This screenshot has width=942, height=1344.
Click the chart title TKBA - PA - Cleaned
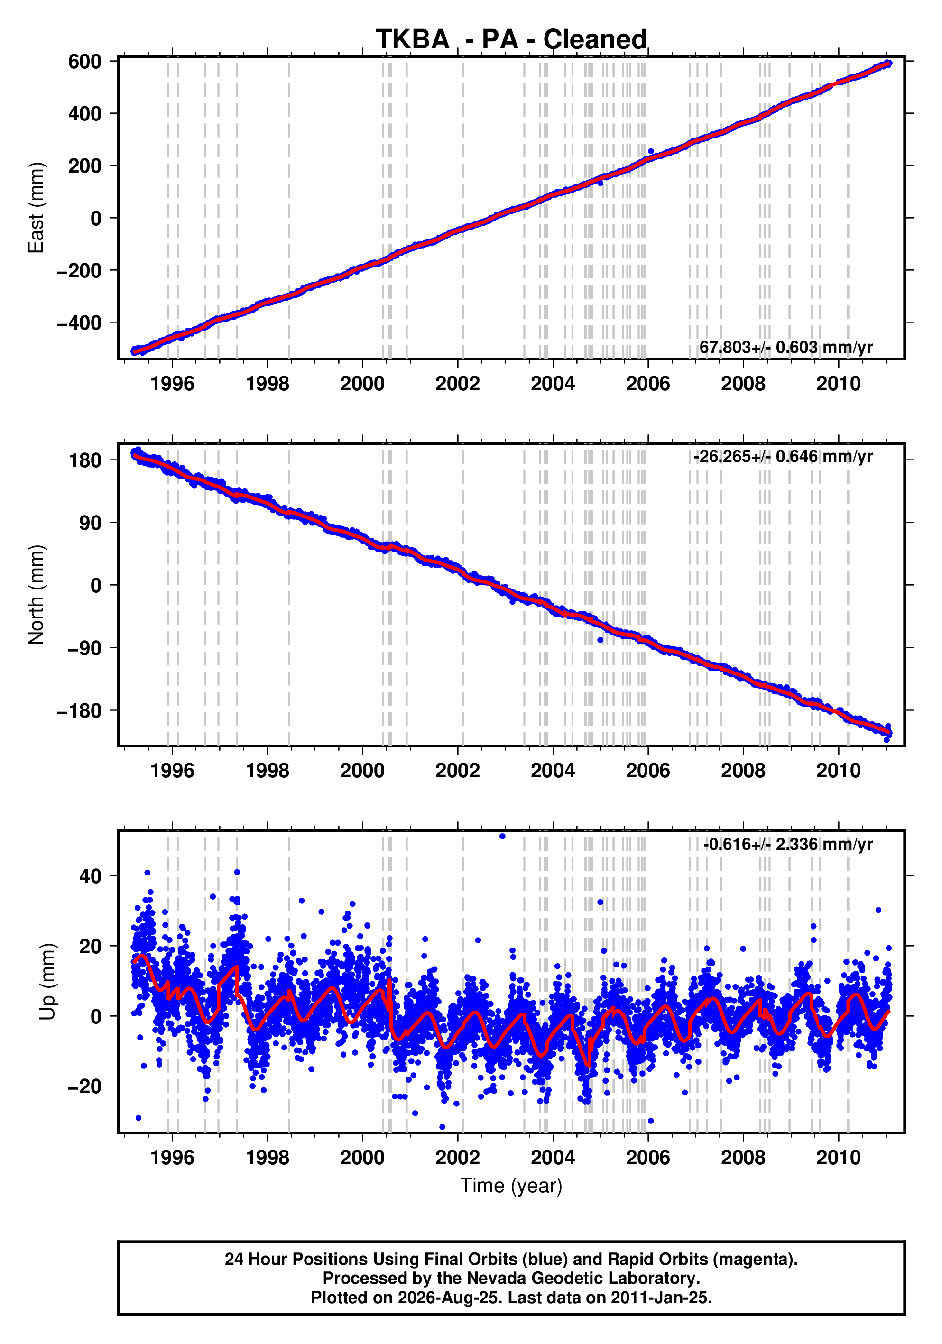[511, 40]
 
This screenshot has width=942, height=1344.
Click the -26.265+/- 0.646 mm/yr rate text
[784, 456]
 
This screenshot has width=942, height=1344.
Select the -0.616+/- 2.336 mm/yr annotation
[788, 844]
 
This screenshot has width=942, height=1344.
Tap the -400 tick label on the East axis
[79, 322]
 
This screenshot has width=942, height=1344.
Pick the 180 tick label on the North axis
[85, 460]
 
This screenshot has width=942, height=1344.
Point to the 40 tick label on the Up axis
[90, 876]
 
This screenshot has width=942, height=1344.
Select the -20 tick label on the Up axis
[85, 1086]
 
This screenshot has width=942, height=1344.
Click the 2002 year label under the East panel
[457, 384]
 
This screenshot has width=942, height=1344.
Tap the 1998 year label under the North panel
[267, 771]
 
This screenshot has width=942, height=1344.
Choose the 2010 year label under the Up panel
[839, 1158]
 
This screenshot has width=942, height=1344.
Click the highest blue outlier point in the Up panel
[502, 837]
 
